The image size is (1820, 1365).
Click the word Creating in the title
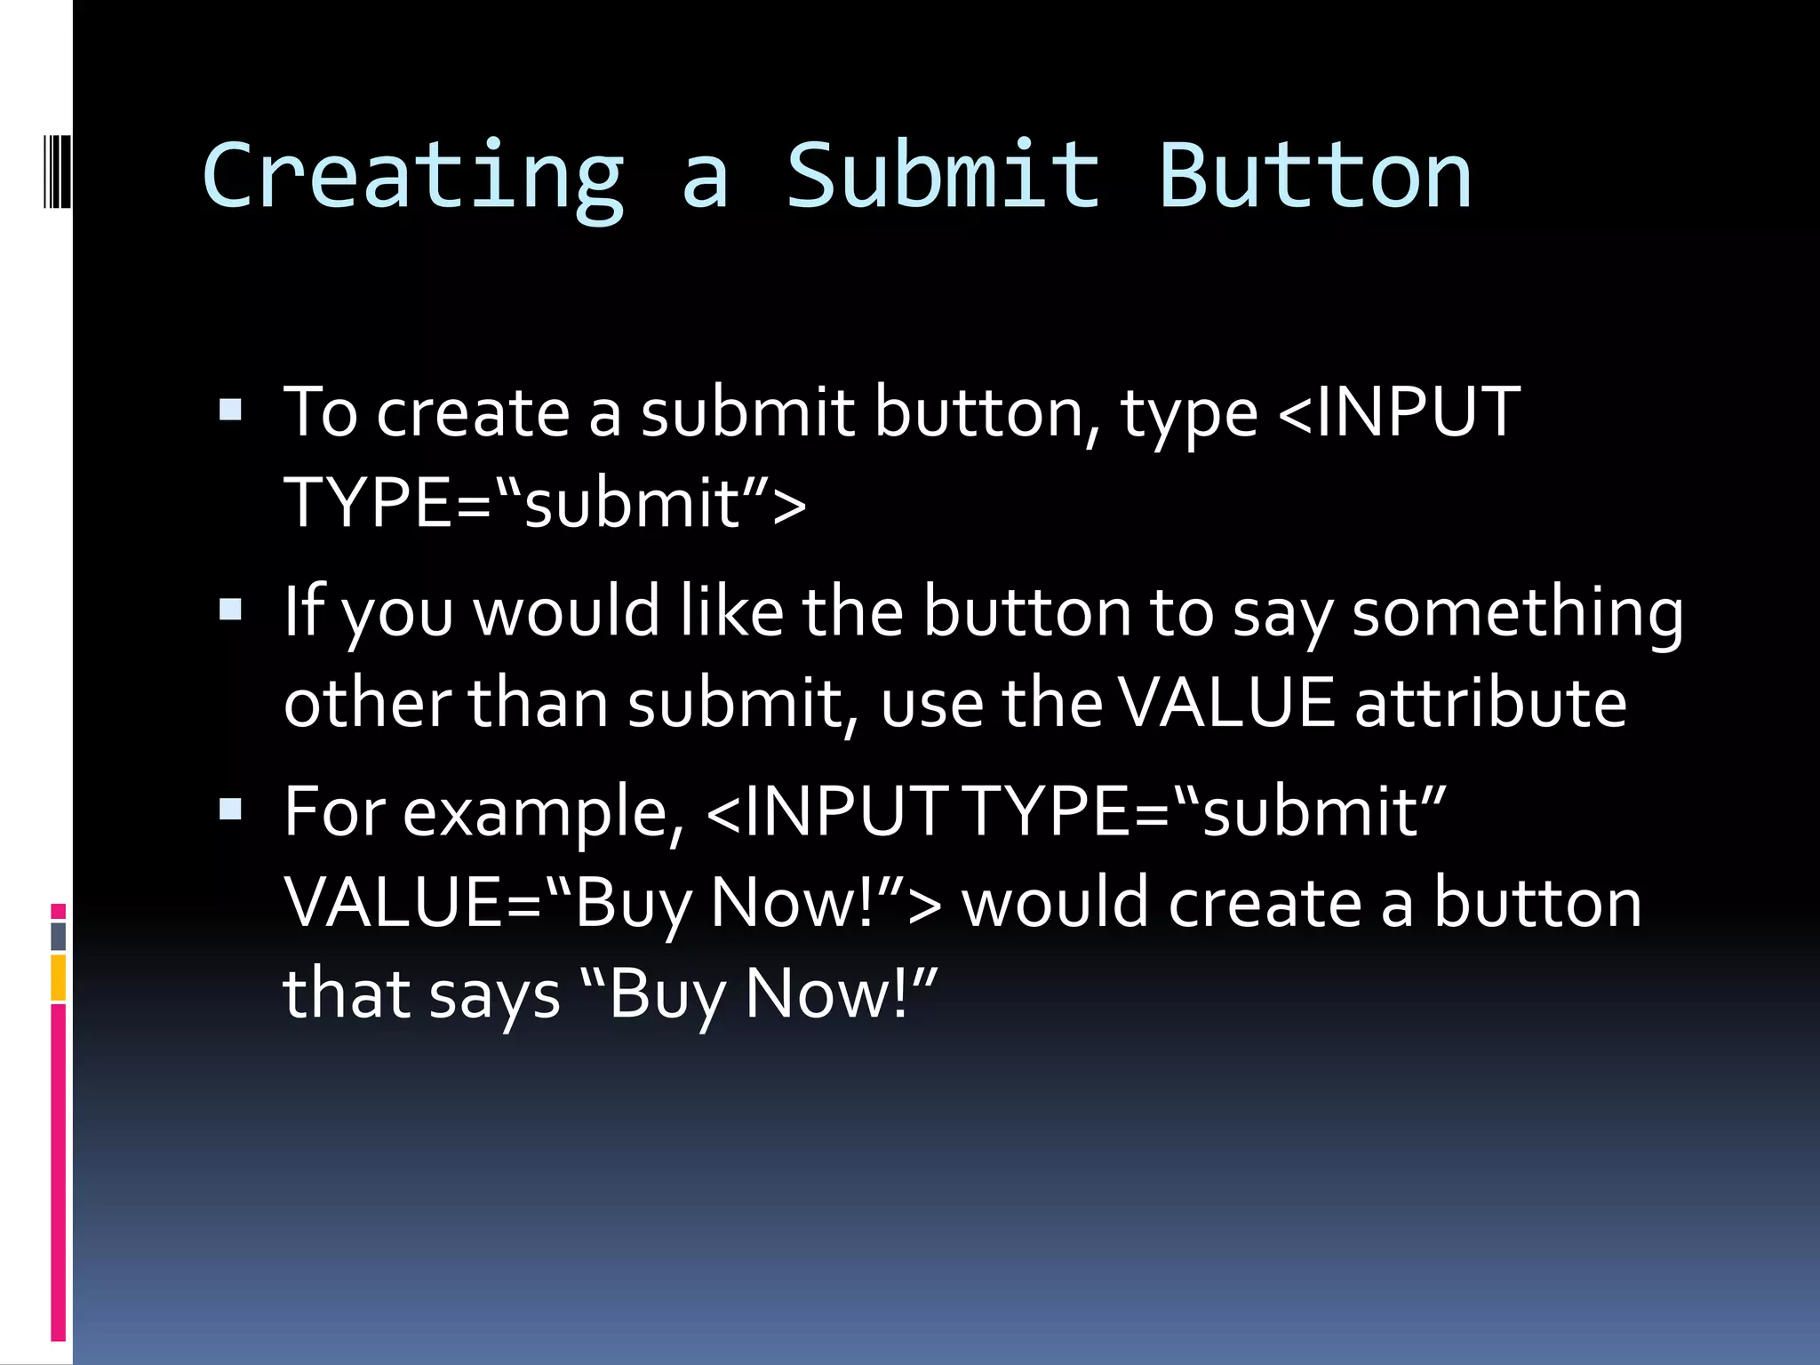(414, 177)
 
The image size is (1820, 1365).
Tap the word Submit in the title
(943, 177)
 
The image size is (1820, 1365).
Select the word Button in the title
(1315, 177)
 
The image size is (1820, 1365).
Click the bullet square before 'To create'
(230, 411)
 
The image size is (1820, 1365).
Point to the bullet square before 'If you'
(230, 610)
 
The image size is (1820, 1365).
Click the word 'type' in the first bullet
(1189, 414)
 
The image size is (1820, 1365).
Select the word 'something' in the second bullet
(1517, 613)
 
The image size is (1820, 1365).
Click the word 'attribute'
(1490, 703)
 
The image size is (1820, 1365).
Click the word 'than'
(538, 703)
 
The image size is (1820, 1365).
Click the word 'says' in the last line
(494, 994)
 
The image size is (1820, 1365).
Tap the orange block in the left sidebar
(59, 978)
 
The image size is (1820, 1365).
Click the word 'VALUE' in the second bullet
(1226, 703)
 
